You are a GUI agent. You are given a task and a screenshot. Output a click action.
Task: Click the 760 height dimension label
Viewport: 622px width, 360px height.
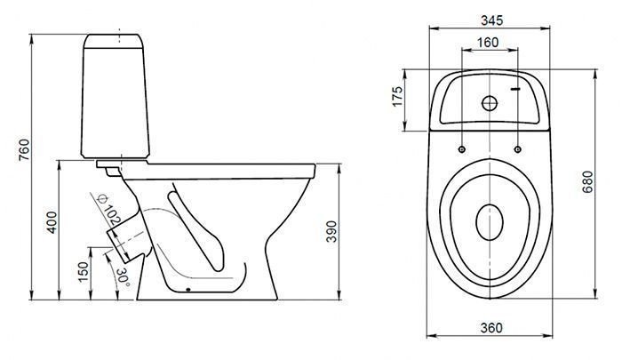click(24, 149)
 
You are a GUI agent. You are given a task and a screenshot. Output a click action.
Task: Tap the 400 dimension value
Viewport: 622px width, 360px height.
click(52, 223)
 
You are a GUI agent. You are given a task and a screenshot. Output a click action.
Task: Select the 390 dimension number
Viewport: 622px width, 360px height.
click(331, 231)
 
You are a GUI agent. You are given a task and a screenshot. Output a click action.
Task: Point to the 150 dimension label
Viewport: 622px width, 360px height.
click(84, 272)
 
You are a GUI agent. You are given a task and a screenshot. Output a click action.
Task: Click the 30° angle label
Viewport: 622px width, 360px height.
click(124, 277)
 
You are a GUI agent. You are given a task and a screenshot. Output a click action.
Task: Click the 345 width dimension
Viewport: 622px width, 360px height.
click(492, 20)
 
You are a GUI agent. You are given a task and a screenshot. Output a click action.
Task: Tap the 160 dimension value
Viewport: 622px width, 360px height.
click(488, 43)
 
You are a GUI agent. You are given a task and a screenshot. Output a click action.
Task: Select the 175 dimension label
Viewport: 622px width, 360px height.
click(397, 96)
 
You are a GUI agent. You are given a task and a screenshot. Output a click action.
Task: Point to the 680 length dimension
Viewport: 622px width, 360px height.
click(587, 182)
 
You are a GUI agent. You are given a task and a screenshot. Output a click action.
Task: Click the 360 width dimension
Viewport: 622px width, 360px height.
click(491, 328)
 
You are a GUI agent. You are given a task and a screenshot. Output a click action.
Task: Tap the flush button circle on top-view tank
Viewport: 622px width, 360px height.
click(490, 103)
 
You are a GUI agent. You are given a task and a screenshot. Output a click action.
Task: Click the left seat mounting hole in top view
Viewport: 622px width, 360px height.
click(462, 149)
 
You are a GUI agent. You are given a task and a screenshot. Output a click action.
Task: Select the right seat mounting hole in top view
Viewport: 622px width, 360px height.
click(518, 149)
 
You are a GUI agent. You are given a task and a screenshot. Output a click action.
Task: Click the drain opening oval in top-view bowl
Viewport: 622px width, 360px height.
click(490, 223)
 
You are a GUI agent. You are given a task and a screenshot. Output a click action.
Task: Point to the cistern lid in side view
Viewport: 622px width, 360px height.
click(114, 41)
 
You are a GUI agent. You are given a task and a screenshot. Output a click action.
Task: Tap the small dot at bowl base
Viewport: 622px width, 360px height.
click(188, 289)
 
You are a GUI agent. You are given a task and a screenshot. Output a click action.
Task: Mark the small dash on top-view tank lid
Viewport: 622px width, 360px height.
click(514, 89)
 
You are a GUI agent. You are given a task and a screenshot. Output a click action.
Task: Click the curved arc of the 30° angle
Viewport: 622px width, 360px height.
click(113, 275)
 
